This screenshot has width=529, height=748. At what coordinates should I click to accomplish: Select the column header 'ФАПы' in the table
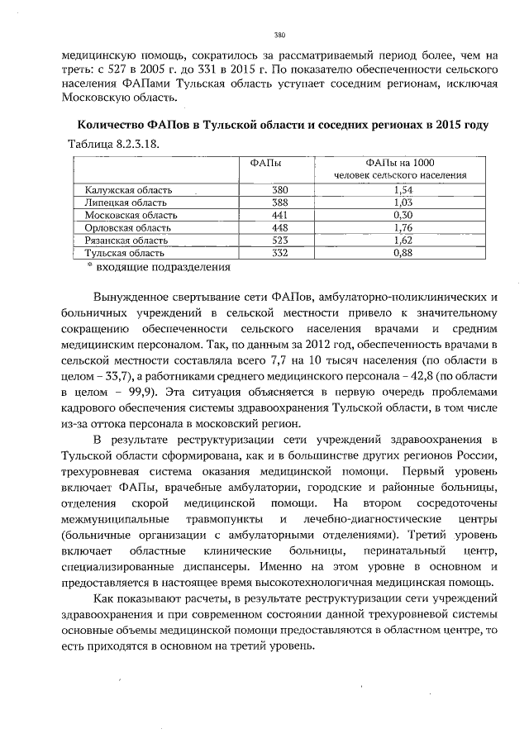(x=263, y=163)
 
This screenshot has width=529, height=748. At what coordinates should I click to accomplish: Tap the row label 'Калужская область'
(x=125, y=189)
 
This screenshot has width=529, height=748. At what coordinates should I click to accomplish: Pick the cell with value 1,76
(x=401, y=227)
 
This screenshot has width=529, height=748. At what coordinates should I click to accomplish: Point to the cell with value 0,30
(x=401, y=214)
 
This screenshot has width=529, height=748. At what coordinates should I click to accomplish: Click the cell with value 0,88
(x=401, y=252)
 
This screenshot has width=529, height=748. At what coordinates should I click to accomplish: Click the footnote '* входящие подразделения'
(x=158, y=267)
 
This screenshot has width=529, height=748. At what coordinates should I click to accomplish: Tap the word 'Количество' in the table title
(x=107, y=124)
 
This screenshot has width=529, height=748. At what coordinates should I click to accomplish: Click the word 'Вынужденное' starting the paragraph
(x=134, y=296)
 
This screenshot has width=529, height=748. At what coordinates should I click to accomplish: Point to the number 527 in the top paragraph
(x=125, y=69)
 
